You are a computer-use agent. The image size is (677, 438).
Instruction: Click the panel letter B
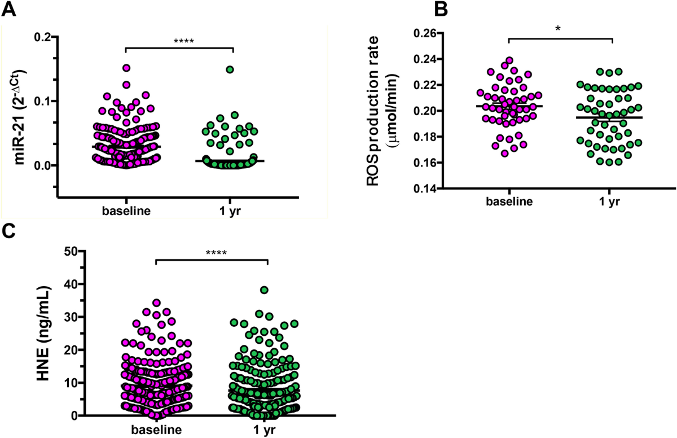coord(441,10)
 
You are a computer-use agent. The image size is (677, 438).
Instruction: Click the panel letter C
coord(8,232)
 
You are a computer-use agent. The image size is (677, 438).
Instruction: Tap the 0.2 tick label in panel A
coord(42,37)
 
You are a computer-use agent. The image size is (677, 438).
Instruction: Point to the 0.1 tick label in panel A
coord(42,101)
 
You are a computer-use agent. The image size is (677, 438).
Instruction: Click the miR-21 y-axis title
coord(20,118)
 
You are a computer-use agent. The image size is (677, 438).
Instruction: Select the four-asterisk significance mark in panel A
coord(184,41)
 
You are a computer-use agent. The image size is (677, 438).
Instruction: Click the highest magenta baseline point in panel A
coord(126,68)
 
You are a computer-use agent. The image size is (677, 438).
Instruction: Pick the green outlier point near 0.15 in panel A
coord(230,69)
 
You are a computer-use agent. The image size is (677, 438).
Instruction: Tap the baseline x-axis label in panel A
coord(126,211)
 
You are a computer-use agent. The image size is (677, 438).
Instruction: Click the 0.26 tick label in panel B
coord(425,33)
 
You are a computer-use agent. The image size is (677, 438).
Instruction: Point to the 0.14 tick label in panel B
coord(425,189)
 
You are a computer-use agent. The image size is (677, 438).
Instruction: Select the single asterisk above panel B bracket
coord(558,29)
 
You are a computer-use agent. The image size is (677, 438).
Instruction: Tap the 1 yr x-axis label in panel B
coord(609,202)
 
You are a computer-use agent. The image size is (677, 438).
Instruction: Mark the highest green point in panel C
coord(265,290)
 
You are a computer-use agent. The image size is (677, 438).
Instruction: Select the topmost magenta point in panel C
coord(157,303)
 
